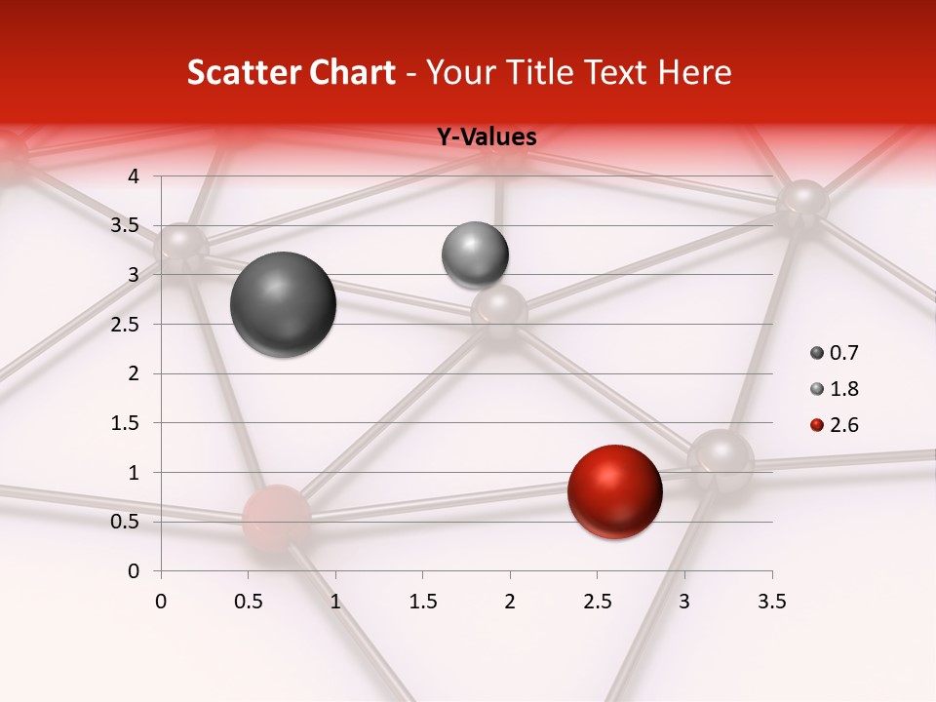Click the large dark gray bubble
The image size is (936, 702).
[x=284, y=304]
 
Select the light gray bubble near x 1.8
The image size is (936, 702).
[x=475, y=254]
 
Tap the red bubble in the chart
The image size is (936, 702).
[x=614, y=492]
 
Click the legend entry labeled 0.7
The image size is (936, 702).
[x=834, y=353]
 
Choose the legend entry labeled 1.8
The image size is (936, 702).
[x=834, y=389]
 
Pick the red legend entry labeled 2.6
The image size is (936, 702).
[x=834, y=425]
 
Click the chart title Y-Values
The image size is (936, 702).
[x=486, y=137]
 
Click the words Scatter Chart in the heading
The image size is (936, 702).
[x=291, y=72]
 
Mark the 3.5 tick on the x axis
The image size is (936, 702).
[x=771, y=602]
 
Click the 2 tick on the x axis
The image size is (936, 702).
[x=510, y=602]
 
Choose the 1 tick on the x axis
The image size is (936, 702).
[x=335, y=602]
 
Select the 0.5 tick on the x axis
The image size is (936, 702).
[x=249, y=602]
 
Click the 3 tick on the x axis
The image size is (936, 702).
[x=684, y=602]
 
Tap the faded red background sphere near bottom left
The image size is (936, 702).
[x=277, y=520]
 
